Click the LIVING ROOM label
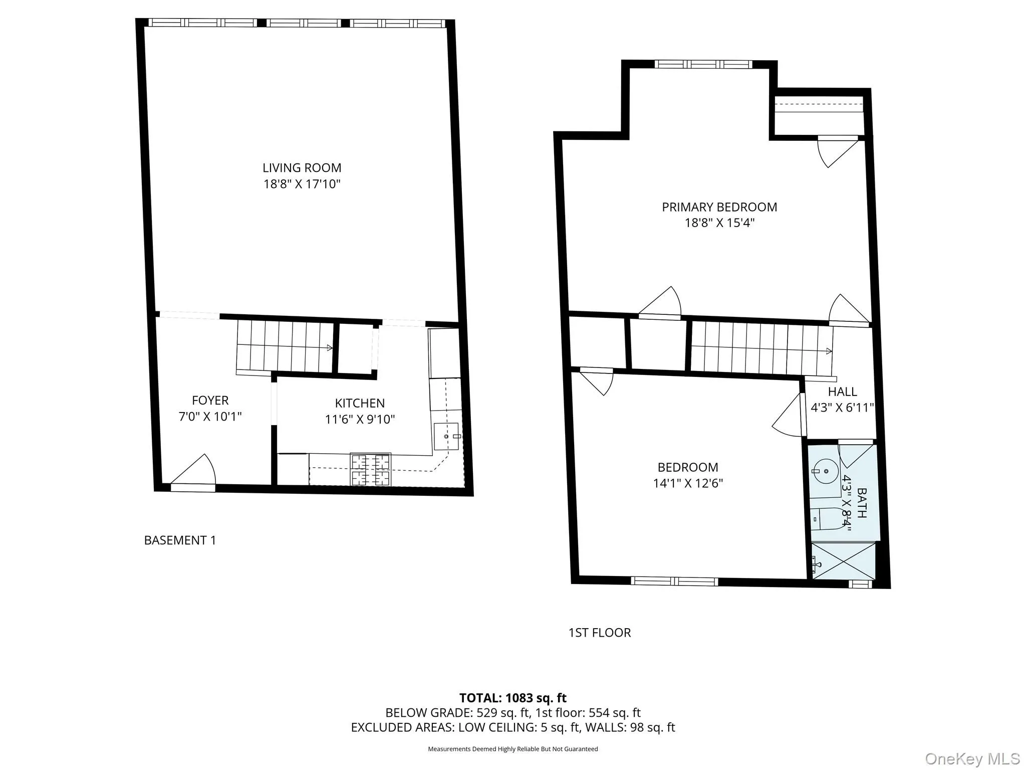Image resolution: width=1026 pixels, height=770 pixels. (302, 168)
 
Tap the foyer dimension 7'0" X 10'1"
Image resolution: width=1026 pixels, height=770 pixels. (210, 417)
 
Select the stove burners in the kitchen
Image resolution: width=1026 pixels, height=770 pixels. (371, 470)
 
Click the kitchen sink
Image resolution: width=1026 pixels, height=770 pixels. (446, 437)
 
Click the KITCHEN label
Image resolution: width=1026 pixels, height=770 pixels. (360, 403)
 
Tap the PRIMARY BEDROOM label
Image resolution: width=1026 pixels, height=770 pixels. (719, 207)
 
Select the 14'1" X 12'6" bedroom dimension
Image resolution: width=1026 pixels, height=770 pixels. (688, 483)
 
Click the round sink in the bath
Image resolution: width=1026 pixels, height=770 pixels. (823, 471)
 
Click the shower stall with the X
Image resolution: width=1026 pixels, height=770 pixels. (843, 561)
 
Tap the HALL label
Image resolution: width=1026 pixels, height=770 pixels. (842, 392)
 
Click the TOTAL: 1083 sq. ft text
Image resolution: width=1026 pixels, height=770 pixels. (512, 698)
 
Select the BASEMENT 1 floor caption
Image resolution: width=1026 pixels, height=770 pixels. (180, 540)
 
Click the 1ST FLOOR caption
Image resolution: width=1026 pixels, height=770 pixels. (599, 633)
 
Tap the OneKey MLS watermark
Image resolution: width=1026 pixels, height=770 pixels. (972, 758)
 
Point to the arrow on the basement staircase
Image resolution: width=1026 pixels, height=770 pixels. (329, 347)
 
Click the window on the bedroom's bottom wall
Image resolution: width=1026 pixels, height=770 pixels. (674, 582)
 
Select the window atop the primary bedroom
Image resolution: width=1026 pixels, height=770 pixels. (703, 64)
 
